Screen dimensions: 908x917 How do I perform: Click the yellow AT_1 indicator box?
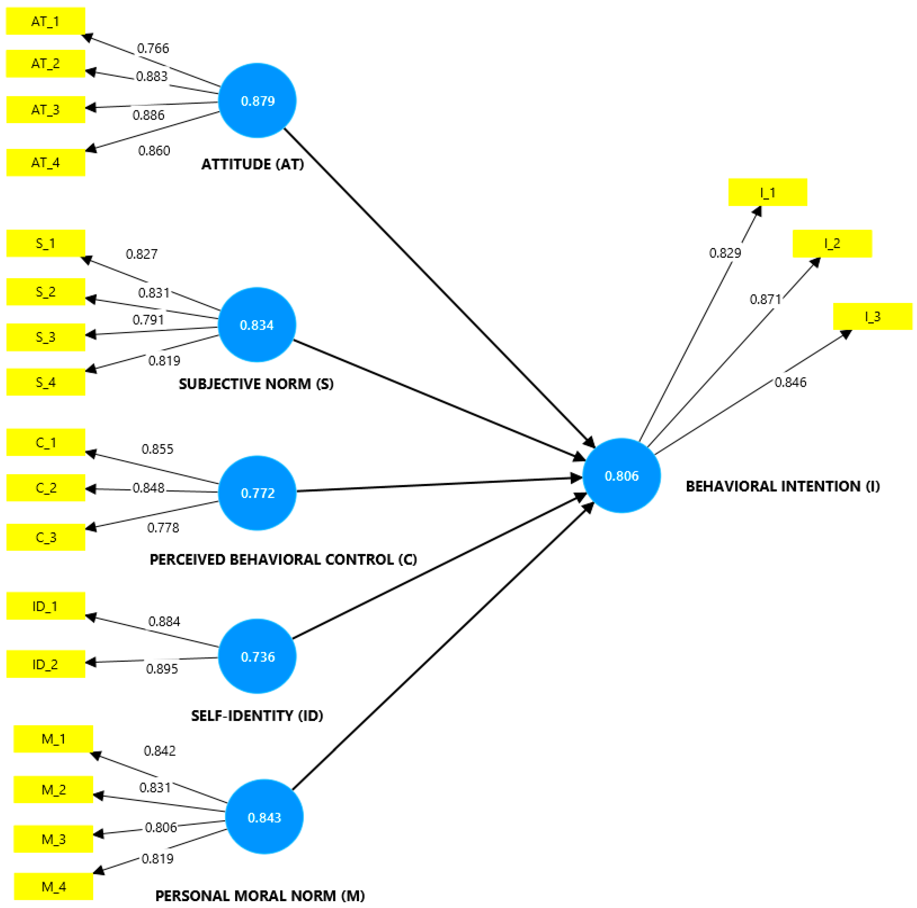click(x=46, y=21)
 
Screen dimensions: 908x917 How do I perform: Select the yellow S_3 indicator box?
click(x=46, y=337)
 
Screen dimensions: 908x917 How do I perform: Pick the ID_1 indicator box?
click(x=46, y=606)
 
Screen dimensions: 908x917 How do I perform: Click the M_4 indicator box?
click(x=53, y=887)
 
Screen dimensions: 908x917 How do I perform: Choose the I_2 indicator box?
click(x=832, y=243)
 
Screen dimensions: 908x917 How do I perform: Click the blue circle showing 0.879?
click(x=257, y=101)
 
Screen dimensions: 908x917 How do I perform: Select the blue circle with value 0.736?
click(x=257, y=656)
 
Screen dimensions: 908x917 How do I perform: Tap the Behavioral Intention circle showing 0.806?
click(x=621, y=476)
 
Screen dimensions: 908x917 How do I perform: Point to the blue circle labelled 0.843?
click(x=264, y=817)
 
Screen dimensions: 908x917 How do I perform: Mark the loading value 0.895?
click(x=162, y=669)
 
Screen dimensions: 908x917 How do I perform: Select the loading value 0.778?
click(x=163, y=528)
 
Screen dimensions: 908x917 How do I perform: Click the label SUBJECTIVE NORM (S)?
click(x=256, y=383)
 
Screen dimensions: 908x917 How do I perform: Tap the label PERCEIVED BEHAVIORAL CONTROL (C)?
click(x=283, y=560)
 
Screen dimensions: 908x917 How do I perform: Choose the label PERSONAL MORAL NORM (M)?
click(x=260, y=896)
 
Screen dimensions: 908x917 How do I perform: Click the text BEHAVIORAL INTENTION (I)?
click(x=783, y=486)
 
